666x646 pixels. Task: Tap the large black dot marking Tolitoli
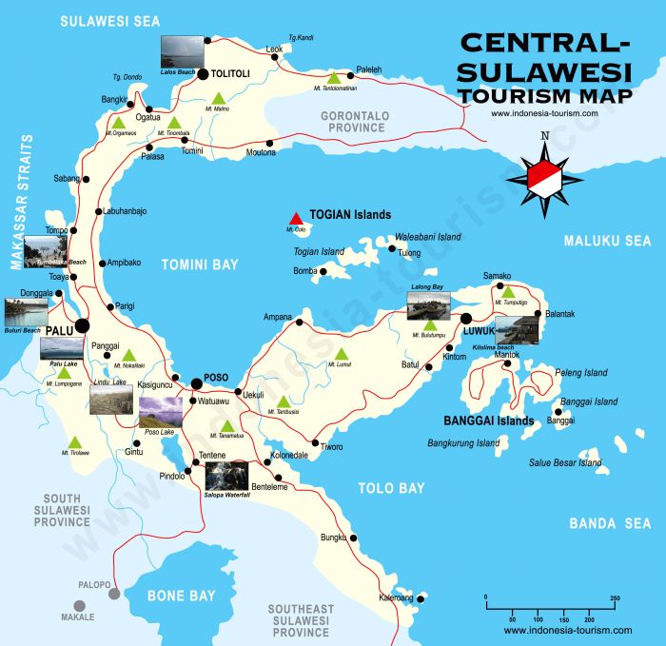point(202,72)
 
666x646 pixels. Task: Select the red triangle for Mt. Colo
point(297,217)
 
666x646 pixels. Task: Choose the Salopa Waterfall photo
point(226,475)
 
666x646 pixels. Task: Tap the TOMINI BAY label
point(199,264)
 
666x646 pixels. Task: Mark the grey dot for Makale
point(80,604)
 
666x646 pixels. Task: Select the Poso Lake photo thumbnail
point(160,413)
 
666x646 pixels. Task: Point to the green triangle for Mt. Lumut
point(341,354)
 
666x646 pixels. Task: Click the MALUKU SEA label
point(607,242)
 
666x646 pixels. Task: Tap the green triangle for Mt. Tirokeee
point(75,441)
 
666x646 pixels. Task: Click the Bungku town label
point(333,538)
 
